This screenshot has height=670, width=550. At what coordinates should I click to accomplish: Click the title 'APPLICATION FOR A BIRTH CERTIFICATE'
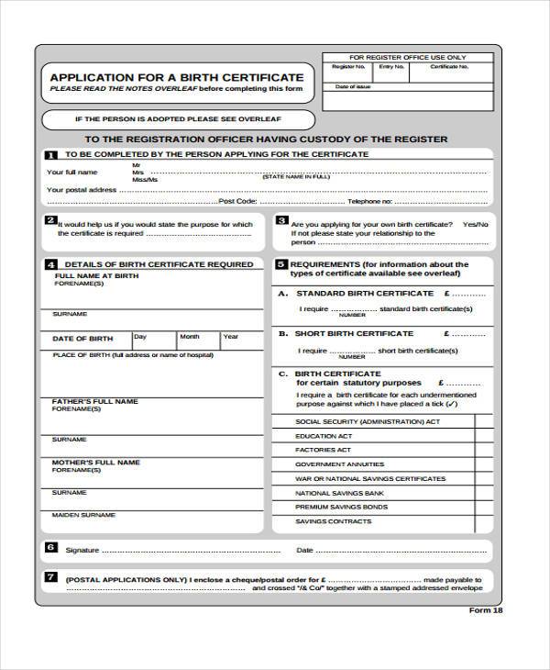pos(176,77)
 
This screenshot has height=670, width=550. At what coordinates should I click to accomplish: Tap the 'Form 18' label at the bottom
pos(486,610)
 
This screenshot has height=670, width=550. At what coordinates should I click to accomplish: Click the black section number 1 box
pos(50,155)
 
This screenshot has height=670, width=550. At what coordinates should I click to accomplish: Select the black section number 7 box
pos(50,577)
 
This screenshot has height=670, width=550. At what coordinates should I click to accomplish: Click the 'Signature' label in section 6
pos(82,551)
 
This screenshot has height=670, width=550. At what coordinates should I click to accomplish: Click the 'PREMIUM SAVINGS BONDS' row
pos(341,507)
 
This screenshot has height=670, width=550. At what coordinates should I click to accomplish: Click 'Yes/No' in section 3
pos(475,224)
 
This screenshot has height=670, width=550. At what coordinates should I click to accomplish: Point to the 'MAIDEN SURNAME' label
pos(84,515)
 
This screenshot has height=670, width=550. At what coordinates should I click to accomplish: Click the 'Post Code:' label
pos(238,200)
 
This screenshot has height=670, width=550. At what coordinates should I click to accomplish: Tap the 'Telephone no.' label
pos(370,200)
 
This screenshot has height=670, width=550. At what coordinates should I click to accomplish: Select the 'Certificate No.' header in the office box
pos(448,67)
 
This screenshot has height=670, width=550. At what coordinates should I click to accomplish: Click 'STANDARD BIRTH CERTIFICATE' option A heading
pos(364,293)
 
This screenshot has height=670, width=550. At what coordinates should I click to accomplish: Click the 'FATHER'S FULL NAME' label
pos(95,401)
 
